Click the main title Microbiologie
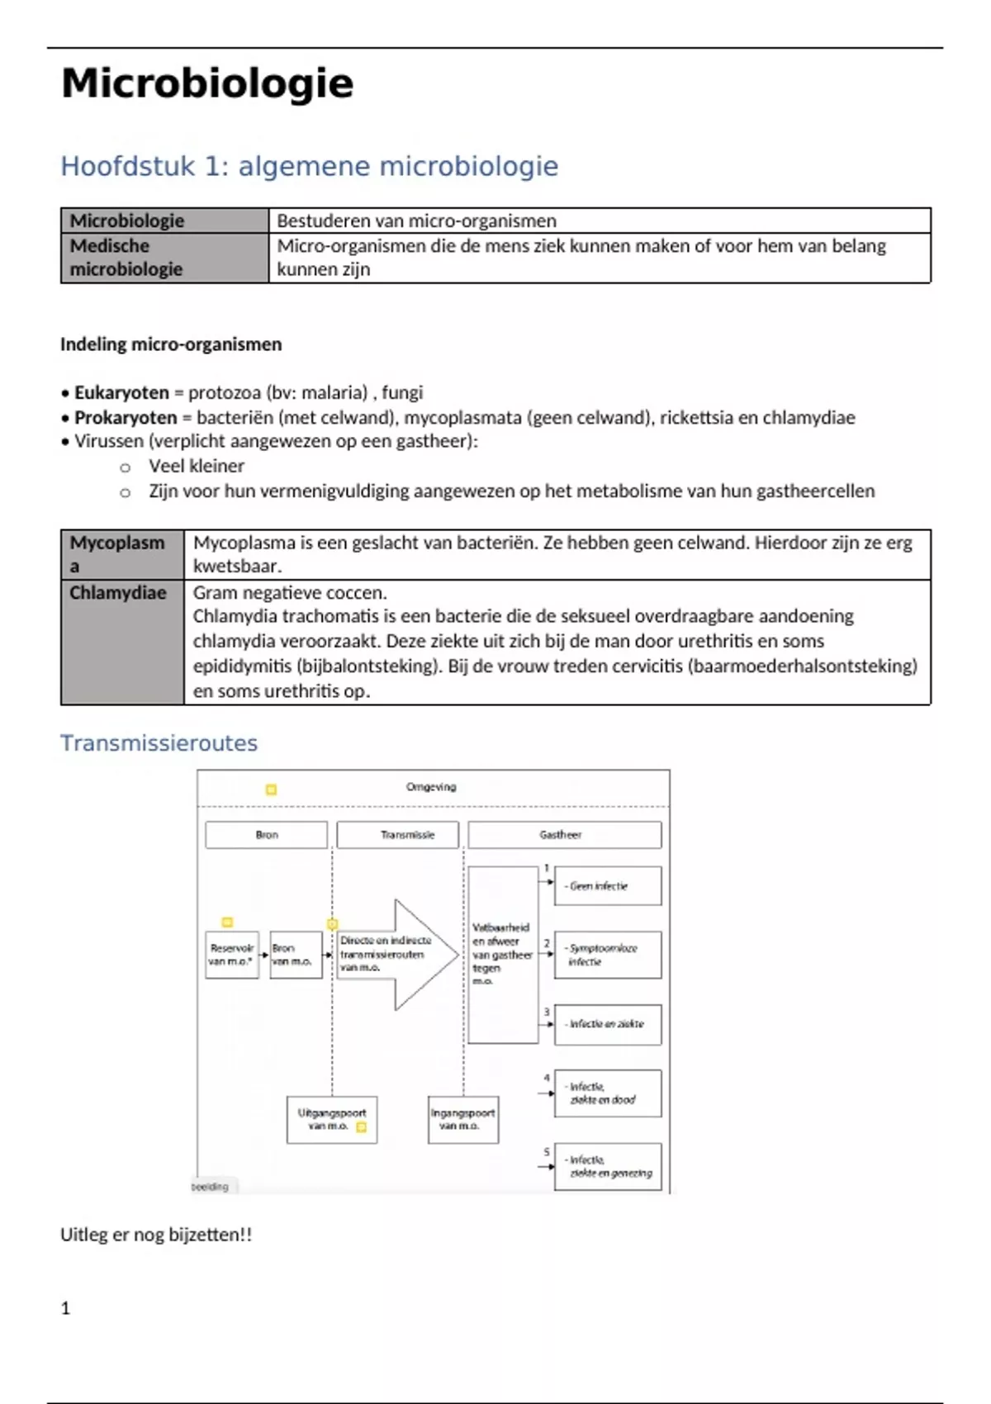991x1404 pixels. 207,83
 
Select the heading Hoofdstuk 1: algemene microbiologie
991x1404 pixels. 309,166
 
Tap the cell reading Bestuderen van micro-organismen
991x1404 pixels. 416,221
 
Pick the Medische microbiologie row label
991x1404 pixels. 126,258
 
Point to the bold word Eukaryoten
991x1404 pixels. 121,392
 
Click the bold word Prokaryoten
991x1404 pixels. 126,417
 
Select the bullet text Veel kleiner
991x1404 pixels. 197,466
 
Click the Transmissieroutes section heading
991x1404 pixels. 159,743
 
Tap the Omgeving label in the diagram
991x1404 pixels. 430,787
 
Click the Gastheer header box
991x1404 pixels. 564,835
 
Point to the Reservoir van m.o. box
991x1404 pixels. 232,955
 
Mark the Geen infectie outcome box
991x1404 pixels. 607,886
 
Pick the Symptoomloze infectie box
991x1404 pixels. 607,955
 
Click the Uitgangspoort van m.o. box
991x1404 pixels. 332,1120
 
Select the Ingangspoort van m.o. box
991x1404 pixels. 462,1120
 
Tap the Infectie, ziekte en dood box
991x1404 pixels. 607,1093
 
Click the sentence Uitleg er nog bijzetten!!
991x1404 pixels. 156,1235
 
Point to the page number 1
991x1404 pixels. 66,1308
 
